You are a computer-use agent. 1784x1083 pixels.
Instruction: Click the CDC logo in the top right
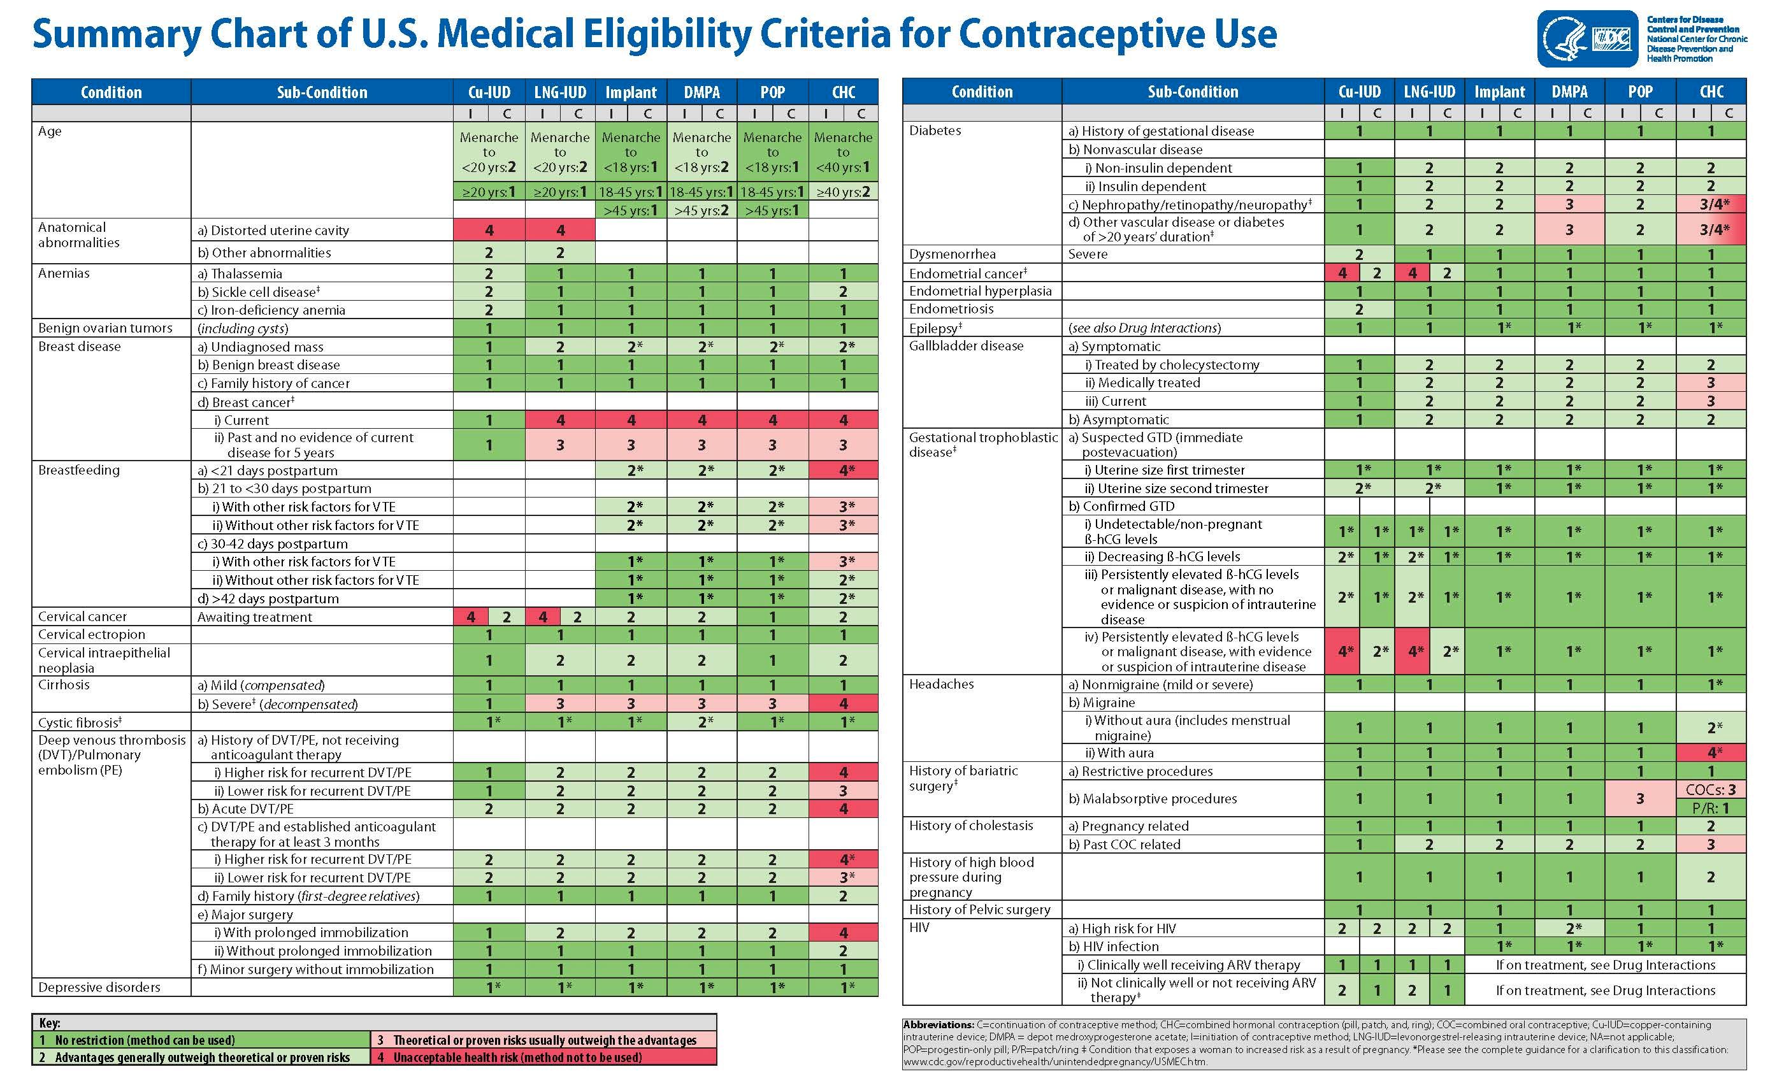coord(1587,38)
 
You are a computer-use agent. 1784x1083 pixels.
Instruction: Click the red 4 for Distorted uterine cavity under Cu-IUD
coord(489,230)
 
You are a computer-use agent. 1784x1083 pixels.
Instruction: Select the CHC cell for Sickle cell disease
coord(843,292)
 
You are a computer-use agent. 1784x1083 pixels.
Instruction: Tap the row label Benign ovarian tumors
coord(105,328)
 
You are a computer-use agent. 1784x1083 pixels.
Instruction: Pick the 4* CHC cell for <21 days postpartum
coord(843,471)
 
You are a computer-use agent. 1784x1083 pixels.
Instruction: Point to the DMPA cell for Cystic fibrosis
coord(701,722)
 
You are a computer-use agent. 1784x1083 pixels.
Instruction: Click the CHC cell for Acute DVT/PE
coord(843,808)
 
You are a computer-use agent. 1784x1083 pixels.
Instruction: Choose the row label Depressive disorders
coord(99,987)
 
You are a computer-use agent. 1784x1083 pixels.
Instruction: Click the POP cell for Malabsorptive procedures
coord(1640,798)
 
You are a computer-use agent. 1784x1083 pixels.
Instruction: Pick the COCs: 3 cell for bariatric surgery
coord(1710,790)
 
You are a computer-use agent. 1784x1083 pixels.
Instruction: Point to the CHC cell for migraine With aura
coord(1710,753)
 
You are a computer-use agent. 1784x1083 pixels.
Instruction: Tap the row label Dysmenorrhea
coord(952,254)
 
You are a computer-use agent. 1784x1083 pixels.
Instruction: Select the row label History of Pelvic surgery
coord(979,910)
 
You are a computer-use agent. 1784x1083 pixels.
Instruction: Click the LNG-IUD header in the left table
coord(559,92)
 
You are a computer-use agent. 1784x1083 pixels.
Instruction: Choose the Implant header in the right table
coord(1499,92)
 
